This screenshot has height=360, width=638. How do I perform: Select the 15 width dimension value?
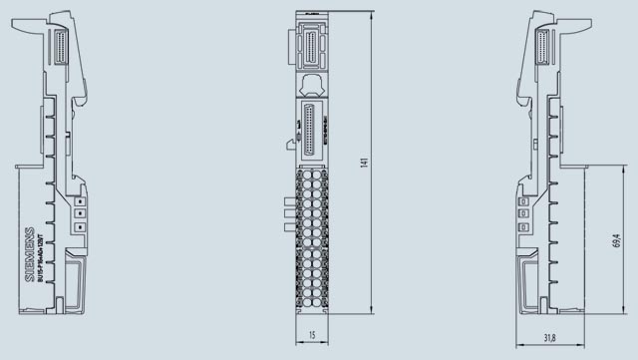tap(313, 337)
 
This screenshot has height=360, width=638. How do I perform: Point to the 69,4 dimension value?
tap(616, 241)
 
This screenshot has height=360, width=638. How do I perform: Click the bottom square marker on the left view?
tap(79, 226)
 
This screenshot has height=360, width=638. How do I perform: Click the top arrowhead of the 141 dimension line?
tap(371, 14)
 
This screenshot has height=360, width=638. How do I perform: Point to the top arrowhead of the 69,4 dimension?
tap(606, 168)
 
